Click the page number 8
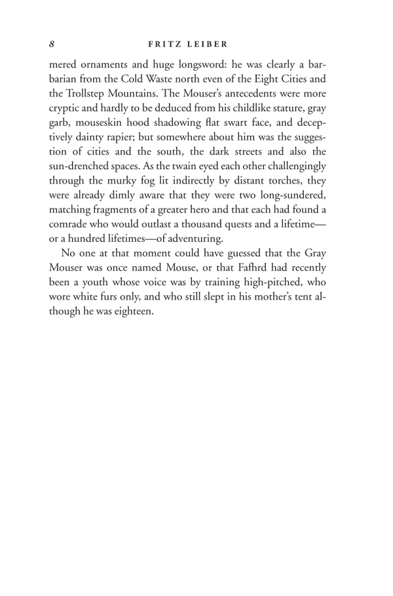click(52, 45)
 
